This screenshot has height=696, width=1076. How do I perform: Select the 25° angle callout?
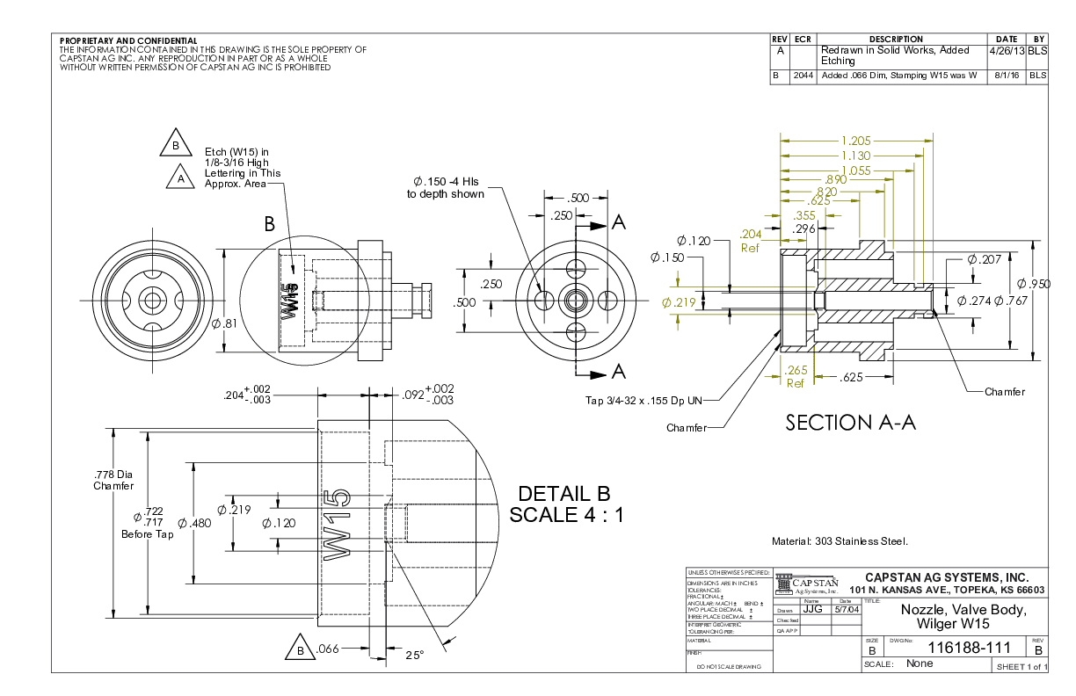tap(414, 654)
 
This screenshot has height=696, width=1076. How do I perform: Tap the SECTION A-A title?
tap(850, 423)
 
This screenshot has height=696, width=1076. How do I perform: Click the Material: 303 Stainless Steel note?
tap(839, 541)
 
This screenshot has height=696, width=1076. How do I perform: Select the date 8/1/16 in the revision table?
tap(1006, 76)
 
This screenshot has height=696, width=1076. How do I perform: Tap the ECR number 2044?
tap(802, 76)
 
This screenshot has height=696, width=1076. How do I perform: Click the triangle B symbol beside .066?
tap(300, 650)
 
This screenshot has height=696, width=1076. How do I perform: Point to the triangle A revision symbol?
tap(181, 178)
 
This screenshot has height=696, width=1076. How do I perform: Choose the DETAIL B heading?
tap(563, 493)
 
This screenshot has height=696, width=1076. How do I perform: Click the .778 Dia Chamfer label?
tap(113, 480)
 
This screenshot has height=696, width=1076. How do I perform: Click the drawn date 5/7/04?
tap(846, 609)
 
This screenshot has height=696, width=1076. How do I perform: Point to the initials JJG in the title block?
tap(812, 609)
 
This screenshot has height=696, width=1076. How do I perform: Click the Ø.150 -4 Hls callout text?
tap(445, 187)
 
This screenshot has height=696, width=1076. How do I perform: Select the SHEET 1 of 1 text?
tap(1021, 667)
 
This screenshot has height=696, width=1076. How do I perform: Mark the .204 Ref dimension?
tap(751, 241)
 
